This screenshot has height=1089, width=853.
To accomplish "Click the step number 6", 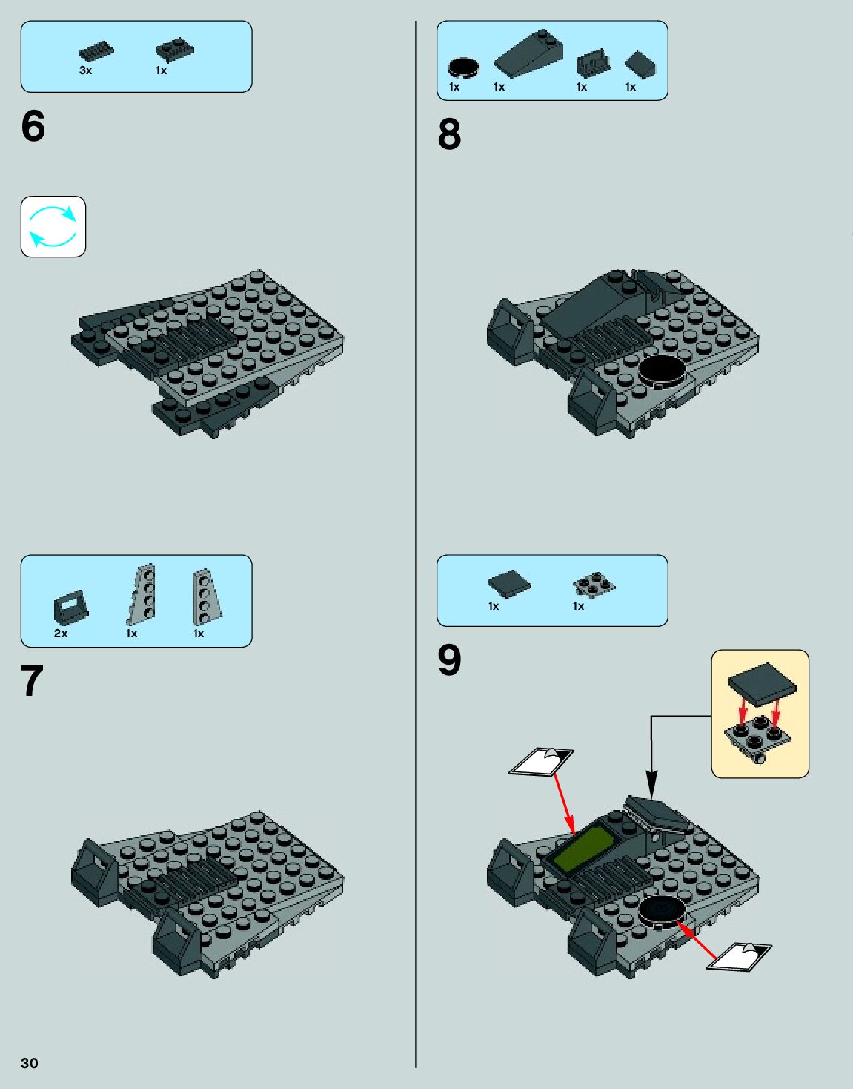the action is [x=33, y=126].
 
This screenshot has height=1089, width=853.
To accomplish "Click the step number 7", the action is [x=32, y=680].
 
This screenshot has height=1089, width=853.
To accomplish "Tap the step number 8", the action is [x=449, y=134].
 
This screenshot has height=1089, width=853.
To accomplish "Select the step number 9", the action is [x=449, y=660].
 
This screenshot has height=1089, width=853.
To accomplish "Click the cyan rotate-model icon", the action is [x=53, y=226].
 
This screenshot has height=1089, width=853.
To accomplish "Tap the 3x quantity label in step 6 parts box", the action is [x=86, y=70].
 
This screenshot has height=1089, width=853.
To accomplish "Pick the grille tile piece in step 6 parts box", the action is [x=96, y=52].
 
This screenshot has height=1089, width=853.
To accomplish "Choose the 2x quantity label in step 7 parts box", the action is [x=61, y=634].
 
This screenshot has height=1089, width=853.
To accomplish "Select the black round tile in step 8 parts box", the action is [x=463, y=68].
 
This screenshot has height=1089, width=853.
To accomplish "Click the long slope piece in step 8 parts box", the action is [x=528, y=53].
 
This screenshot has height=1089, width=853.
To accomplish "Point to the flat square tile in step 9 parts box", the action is [x=509, y=584].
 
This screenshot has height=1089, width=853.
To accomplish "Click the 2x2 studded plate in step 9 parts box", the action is [x=594, y=585].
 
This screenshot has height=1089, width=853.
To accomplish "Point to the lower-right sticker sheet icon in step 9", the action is [x=739, y=957].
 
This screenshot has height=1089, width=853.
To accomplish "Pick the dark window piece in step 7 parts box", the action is [x=70, y=607].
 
